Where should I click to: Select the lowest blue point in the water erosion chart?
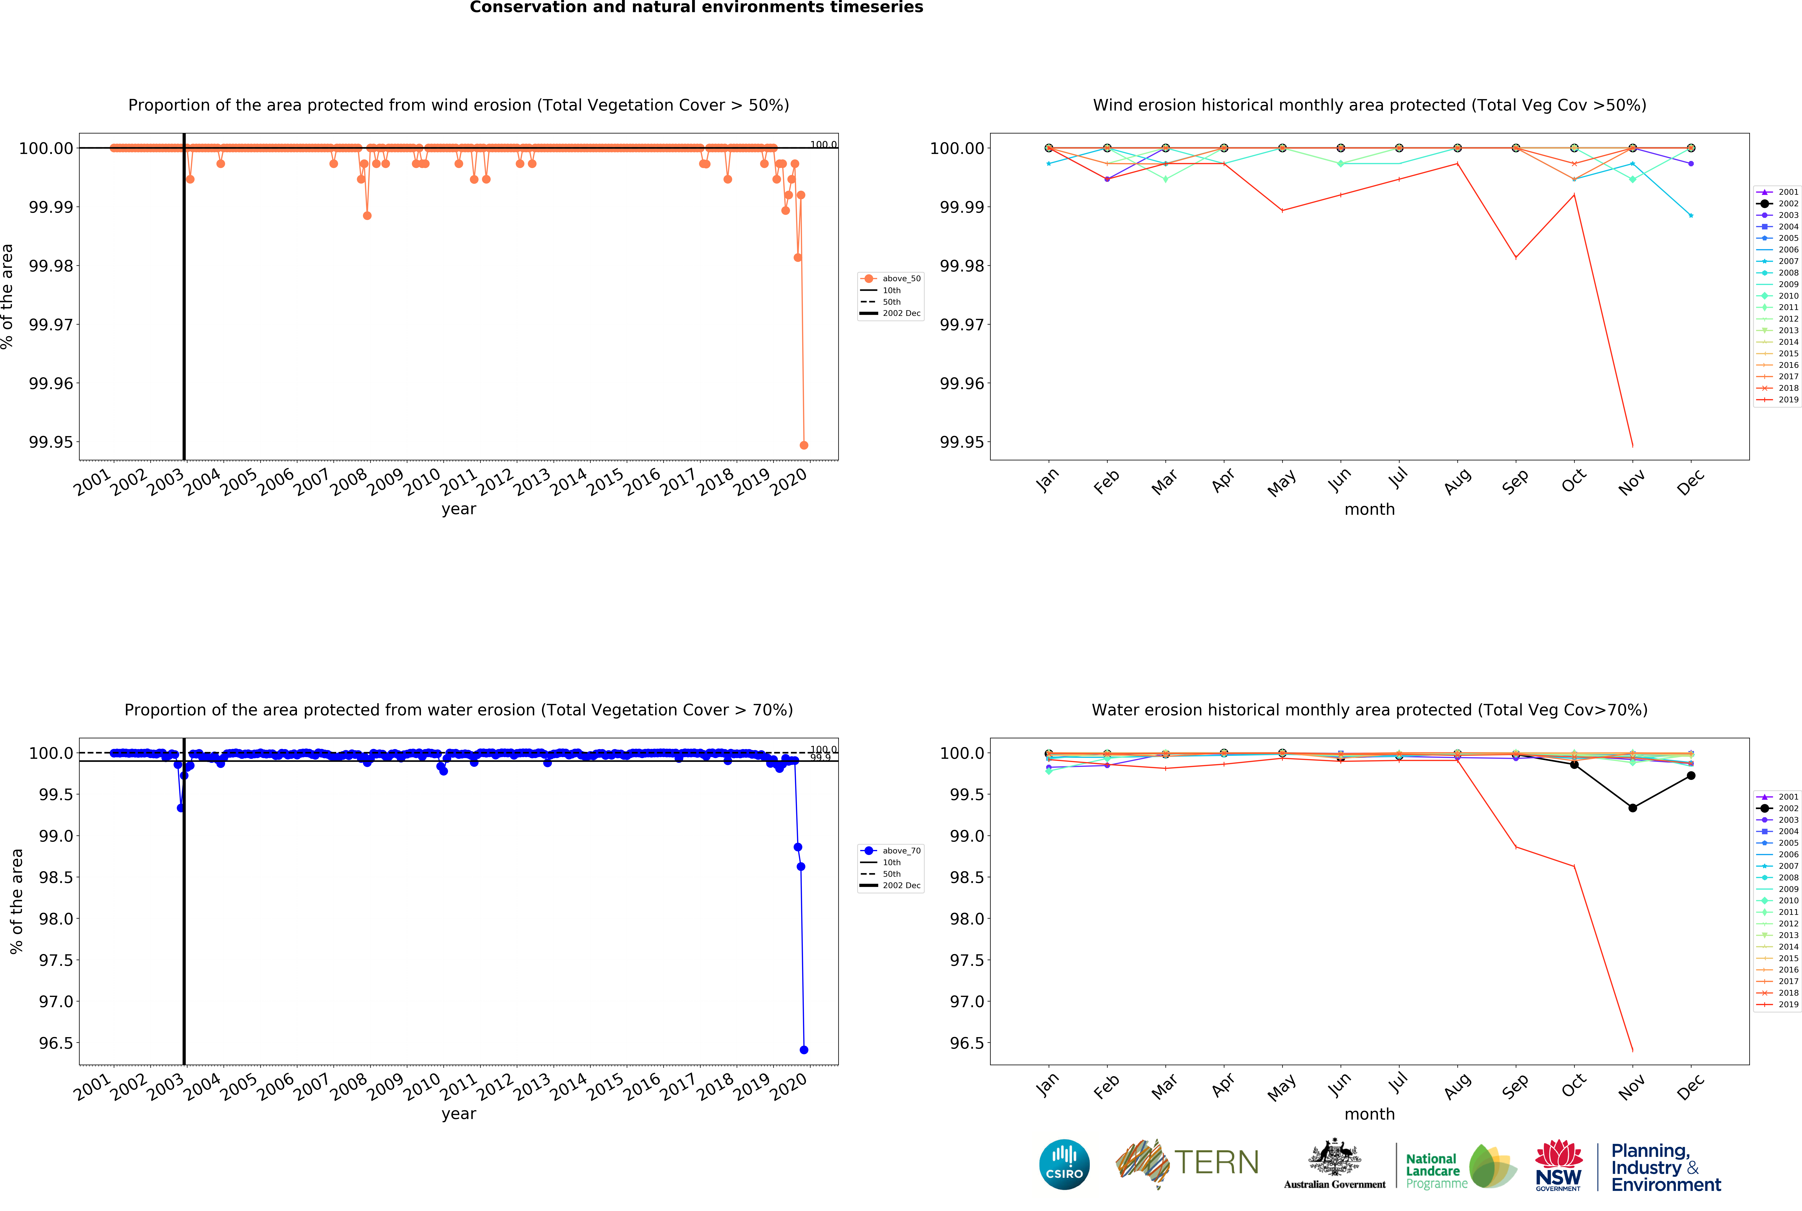click(x=804, y=1050)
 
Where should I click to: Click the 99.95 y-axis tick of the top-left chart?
click(x=51, y=443)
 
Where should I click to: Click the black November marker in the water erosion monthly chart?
click(x=1632, y=808)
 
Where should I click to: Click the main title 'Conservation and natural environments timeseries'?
click(x=696, y=8)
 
